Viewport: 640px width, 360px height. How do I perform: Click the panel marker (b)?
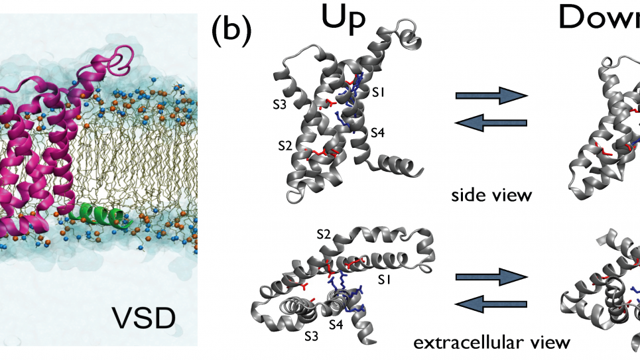(231, 30)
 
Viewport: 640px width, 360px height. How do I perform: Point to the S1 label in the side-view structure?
(378, 93)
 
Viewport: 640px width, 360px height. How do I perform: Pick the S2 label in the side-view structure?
(285, 144)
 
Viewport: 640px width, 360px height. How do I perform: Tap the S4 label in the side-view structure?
(377, 132)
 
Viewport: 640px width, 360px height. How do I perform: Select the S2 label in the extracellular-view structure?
(323, 234)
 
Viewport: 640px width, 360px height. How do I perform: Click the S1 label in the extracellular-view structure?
(384, 280)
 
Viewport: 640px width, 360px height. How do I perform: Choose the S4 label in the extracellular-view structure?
(336, 325)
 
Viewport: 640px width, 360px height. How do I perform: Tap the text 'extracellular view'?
(491, 342)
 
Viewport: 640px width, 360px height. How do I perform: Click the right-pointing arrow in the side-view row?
(491, 96)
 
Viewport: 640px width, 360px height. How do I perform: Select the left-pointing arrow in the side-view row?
(491, 122)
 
